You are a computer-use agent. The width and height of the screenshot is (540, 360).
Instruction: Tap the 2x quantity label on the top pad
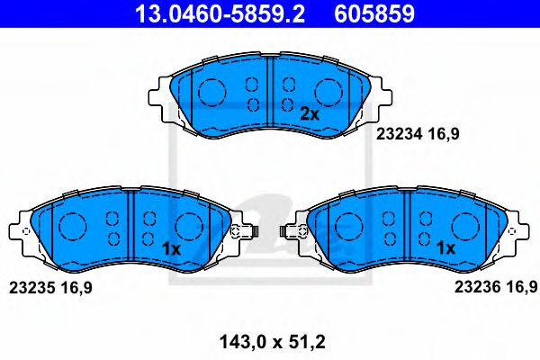coord(310,114)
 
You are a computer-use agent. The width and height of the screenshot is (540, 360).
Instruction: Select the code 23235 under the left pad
coord(31,288)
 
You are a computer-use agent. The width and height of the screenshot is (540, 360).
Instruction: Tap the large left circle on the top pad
coord(213,91)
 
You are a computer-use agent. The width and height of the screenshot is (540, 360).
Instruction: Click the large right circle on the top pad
coord(329,91)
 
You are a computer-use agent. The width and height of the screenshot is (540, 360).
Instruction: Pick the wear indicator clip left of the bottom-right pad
coord(290,232)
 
